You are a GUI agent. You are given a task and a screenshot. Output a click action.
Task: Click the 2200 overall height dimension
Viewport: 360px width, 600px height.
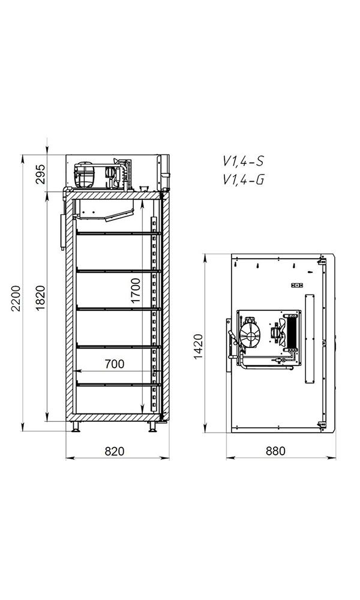pos(16,298)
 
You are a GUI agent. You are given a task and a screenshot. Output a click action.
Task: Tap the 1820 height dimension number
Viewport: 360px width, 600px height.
pos(41,298)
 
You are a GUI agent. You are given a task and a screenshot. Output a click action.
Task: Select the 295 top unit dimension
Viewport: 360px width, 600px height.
pos(41,174)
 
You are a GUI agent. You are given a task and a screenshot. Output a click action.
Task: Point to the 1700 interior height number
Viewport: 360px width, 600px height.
pos(135,290)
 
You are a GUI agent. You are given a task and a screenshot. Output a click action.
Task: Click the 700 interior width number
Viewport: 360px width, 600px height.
pos(115,364)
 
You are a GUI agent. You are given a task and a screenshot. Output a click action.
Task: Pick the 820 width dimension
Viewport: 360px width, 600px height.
pos(115,451)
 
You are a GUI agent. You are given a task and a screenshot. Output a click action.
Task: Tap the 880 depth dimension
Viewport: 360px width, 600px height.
pos(275,451)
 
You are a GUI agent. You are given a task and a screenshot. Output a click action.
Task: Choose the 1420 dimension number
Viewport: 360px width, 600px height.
pos(198,347)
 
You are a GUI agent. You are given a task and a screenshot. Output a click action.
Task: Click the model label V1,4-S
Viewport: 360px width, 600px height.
pos(244,161)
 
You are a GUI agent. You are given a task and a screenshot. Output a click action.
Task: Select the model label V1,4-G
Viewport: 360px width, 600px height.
pos(244,179)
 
